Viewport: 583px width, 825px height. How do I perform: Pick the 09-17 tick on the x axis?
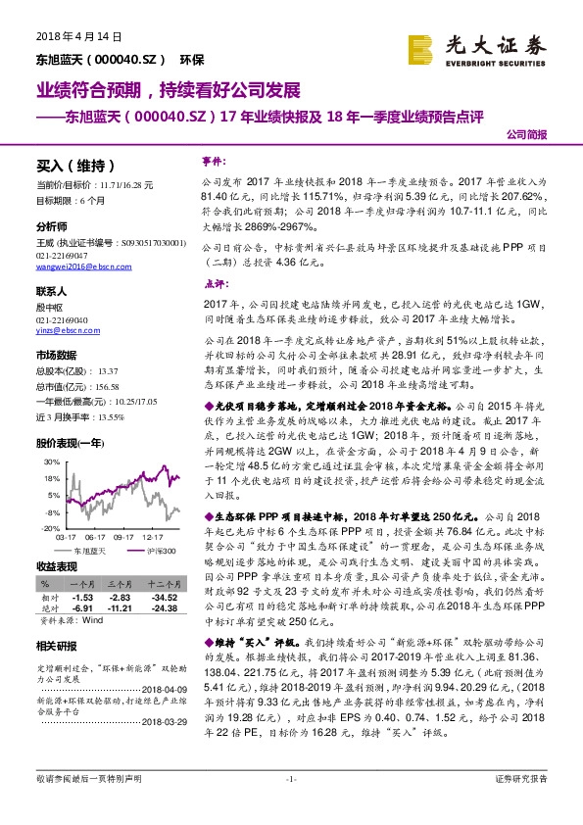click(x=123, y=537)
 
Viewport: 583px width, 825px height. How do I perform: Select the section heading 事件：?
click(x=215, y=159)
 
